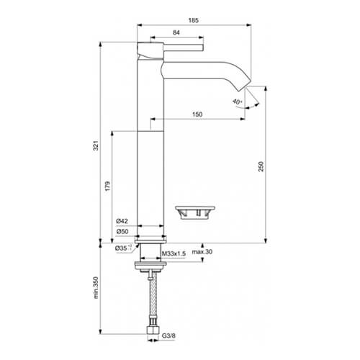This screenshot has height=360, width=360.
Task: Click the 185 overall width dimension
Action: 194,20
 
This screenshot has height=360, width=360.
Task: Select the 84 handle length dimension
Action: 176,32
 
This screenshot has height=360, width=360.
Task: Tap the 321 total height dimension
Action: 96,145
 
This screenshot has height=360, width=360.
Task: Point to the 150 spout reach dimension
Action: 197,114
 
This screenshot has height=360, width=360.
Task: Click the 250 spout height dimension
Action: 261,166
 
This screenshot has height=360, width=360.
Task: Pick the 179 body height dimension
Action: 107,186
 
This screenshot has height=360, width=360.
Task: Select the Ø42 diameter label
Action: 122,221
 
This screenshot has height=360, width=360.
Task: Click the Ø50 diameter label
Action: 122,232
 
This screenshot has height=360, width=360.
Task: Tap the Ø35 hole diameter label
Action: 123,248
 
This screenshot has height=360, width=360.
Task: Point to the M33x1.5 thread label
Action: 174,253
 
